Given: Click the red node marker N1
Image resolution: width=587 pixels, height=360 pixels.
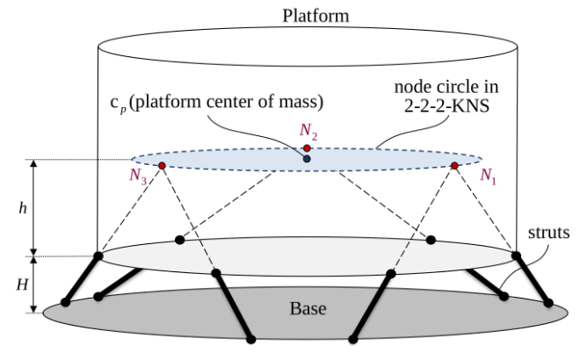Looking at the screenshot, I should tap(454, 165).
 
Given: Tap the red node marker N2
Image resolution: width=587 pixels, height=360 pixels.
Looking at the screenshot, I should tap(306, 148).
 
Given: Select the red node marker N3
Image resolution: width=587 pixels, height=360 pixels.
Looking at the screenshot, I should tap(162, 165).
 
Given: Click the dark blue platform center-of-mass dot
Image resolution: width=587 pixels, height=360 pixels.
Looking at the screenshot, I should tap(306, 159).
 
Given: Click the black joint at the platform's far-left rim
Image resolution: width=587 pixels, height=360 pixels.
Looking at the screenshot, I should tap(98, 256).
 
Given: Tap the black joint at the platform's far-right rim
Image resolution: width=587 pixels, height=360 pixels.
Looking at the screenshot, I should tap(516, 256).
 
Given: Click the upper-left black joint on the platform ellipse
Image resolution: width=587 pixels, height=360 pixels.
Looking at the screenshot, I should tap(180, 239).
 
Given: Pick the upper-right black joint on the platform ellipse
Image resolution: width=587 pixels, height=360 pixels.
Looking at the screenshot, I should tap(431, 239).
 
